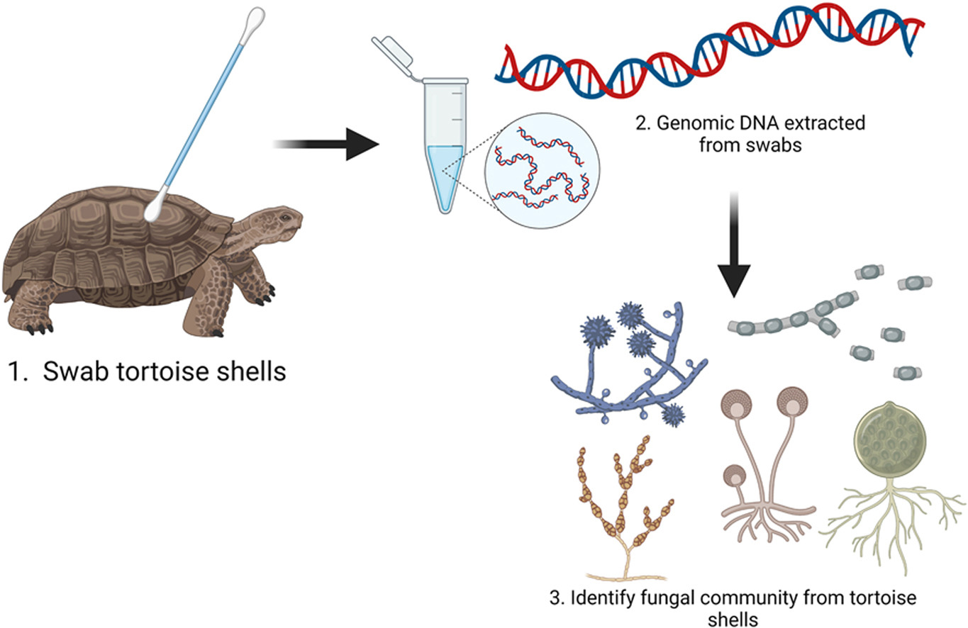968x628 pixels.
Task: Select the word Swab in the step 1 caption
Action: [72, 371]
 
